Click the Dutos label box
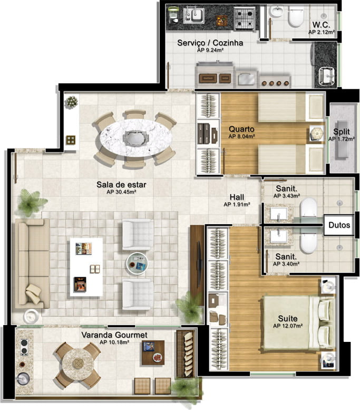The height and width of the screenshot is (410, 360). [339, 225]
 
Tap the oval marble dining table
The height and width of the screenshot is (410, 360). [136, 138]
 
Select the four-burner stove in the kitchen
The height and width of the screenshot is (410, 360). [244, 18]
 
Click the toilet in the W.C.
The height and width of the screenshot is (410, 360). [296, 16]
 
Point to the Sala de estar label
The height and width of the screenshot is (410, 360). [121, 185]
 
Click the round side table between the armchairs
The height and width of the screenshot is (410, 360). [137, 264]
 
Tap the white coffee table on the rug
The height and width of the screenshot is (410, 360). [86, 267]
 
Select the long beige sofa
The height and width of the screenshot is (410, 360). [32, 264]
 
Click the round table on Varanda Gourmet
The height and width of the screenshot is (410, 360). [77, 363]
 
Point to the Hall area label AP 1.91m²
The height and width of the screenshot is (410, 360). [237, 205]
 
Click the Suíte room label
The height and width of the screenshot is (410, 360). [288, 319]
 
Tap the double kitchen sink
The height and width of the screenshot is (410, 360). [193, 15]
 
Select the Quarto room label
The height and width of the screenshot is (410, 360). [241, 129]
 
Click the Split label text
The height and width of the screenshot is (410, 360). [341, 131]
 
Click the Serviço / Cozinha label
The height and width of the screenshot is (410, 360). [210, 43]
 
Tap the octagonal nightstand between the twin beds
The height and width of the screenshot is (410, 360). [317, 134]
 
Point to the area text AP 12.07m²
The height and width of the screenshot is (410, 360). [288, 326]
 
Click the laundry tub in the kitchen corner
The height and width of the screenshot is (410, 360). [327, 77]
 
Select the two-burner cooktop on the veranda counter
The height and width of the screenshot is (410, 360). [24, 347]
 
